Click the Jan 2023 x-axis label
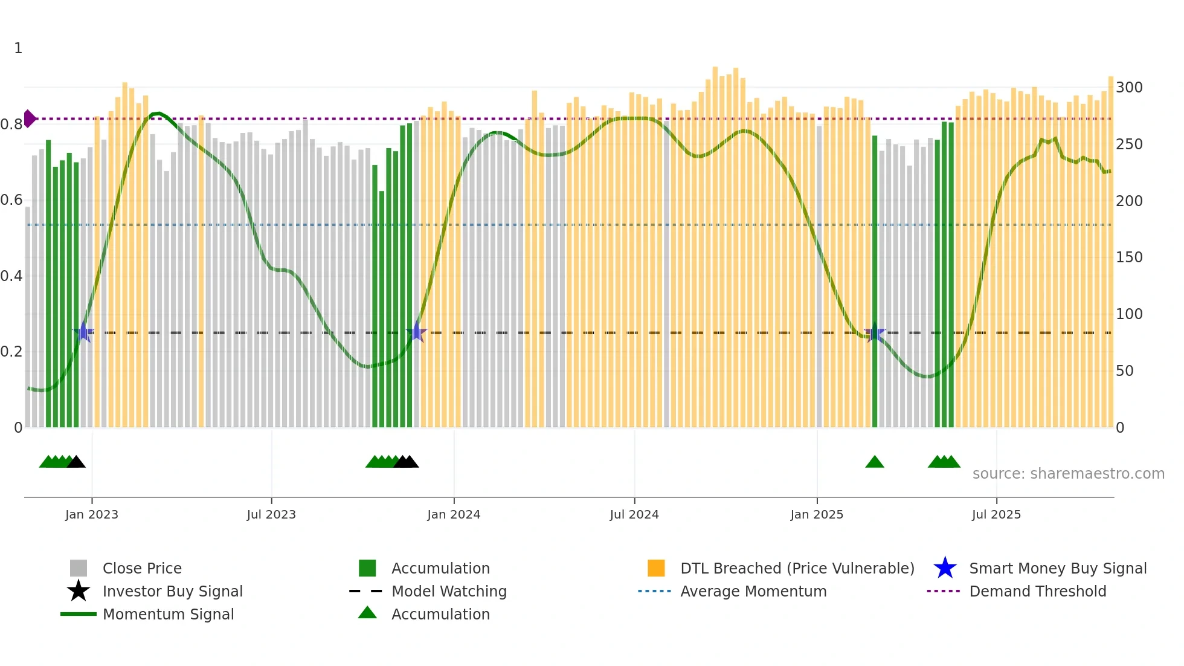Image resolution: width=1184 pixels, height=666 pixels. tap(92, 514)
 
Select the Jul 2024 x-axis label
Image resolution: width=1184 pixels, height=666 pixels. tap(634, 514)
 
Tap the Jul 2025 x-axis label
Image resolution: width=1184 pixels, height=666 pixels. tap(996, 514)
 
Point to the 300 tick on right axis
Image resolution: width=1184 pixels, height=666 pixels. tap(1129, 88)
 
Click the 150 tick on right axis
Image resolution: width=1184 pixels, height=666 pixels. tap(1129, 257)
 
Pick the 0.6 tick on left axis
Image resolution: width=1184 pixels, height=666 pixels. tap(11, 200)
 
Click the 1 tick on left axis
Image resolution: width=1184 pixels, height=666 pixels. tap(18, 48)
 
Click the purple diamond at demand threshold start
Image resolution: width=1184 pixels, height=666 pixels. tap(29, 118)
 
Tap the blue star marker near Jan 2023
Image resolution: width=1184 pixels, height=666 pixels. tap(84, 332)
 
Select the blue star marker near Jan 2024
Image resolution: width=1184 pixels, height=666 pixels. tap(416, 332)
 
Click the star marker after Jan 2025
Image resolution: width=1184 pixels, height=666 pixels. tap(874, 332)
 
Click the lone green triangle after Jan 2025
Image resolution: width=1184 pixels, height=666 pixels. tap(874, 463)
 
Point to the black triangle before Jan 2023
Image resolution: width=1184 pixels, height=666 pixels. tap(76, 463)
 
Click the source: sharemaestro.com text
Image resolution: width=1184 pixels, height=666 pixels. tap(1068, 474)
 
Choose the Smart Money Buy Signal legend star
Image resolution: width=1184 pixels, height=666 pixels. tap(945, 568)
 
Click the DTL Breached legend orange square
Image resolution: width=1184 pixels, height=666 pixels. tap(656, 568)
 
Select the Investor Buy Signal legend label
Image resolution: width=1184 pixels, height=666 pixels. tap(172, 591)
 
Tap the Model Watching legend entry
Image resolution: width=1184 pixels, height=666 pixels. tap(449, 591)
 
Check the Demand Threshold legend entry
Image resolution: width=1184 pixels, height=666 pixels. tap(1037, 591)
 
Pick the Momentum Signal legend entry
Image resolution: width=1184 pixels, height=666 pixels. tap(168, 614)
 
